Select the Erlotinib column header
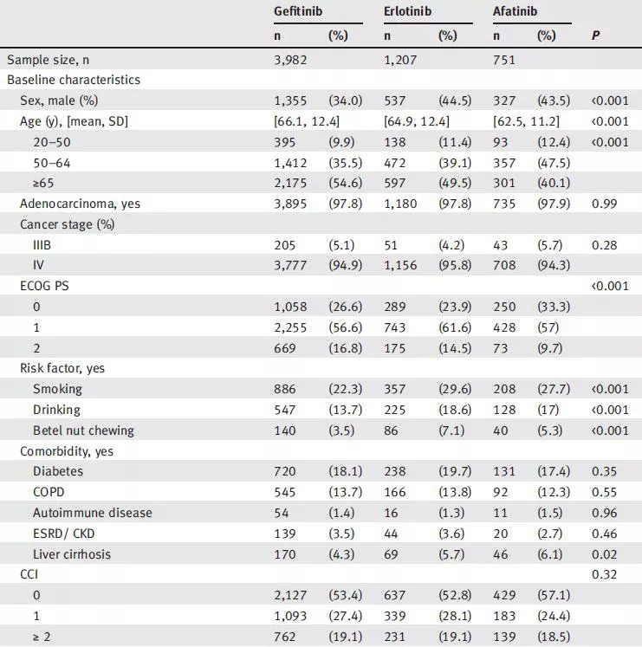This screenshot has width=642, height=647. point(407,13)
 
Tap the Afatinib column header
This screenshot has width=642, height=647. point(515,13)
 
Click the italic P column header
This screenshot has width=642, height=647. point(595,36)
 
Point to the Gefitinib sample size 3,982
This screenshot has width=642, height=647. point(290,60)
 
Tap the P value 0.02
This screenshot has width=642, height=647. point(604,554)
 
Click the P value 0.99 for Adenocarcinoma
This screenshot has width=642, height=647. point(604,204)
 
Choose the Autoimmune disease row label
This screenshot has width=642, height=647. point(92,513)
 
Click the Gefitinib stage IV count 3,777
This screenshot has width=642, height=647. point(290,266)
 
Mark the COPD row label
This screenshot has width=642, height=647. point(49,492)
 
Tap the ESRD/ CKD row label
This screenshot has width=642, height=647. point(66,534)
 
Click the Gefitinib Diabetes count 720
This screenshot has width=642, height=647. point(285,471)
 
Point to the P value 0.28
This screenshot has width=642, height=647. point(604,245)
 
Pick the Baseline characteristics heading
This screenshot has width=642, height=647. point(74,80)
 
